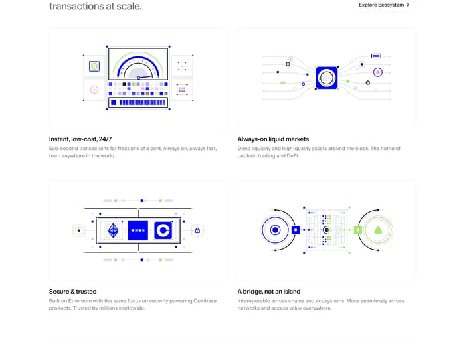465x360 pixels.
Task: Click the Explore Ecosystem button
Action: (384, 5)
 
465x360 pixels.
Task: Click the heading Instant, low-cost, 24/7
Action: (80, 139)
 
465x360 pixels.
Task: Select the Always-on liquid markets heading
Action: (273, 139)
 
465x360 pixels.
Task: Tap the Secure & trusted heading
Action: (72, 292)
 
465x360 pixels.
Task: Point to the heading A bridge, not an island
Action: (269, 292)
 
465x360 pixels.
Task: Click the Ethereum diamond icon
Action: (114, 230)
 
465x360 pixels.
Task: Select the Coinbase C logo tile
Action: (163, 230)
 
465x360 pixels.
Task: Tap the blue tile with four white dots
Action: (138, 230)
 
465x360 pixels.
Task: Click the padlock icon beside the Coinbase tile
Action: (197, 230)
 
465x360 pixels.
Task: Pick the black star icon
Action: (79, 230)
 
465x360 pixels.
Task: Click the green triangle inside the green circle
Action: (378, 230)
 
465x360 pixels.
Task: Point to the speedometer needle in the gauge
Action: (145, 78)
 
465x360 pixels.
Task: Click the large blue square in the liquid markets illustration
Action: (327, 78)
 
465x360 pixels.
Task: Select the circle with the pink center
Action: (378, 72)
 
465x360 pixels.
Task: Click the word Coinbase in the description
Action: (205, 301)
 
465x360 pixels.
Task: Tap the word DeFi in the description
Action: (293, 155)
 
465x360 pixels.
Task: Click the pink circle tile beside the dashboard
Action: (94, 90)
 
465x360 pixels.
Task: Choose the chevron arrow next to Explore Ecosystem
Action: (408, 5)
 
